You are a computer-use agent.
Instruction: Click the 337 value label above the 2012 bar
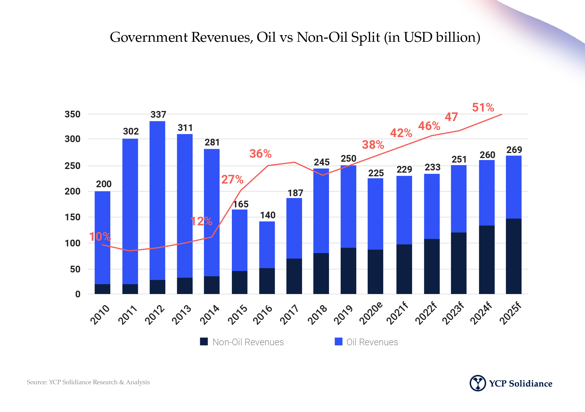click(158, 114)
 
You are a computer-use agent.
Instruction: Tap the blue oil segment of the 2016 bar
click(267, 244)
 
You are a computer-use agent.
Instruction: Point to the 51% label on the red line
click(483, 107)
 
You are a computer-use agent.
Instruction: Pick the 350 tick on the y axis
click(72, 114)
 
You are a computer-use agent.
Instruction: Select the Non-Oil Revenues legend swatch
click(204, 341)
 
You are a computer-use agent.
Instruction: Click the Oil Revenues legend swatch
click(339, 341)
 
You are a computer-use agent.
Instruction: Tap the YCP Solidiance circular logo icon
click(477, 383)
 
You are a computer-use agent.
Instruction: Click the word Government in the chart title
click(149, 37)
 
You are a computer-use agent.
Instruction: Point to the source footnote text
click(88, 382)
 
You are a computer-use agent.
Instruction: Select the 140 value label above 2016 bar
click(268, 215)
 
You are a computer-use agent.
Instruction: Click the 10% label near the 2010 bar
click(100, 237)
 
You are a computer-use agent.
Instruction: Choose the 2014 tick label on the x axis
click(209, 314)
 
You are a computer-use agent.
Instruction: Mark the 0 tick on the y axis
click(78, 294)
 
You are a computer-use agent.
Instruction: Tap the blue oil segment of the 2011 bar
click(130, 211)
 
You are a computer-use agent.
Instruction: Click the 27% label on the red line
click(232, 179)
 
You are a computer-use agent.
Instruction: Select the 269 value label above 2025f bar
click(514, 150)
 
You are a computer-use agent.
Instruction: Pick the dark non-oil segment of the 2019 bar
click(348, 271)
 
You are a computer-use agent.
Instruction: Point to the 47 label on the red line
click(451, 117)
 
